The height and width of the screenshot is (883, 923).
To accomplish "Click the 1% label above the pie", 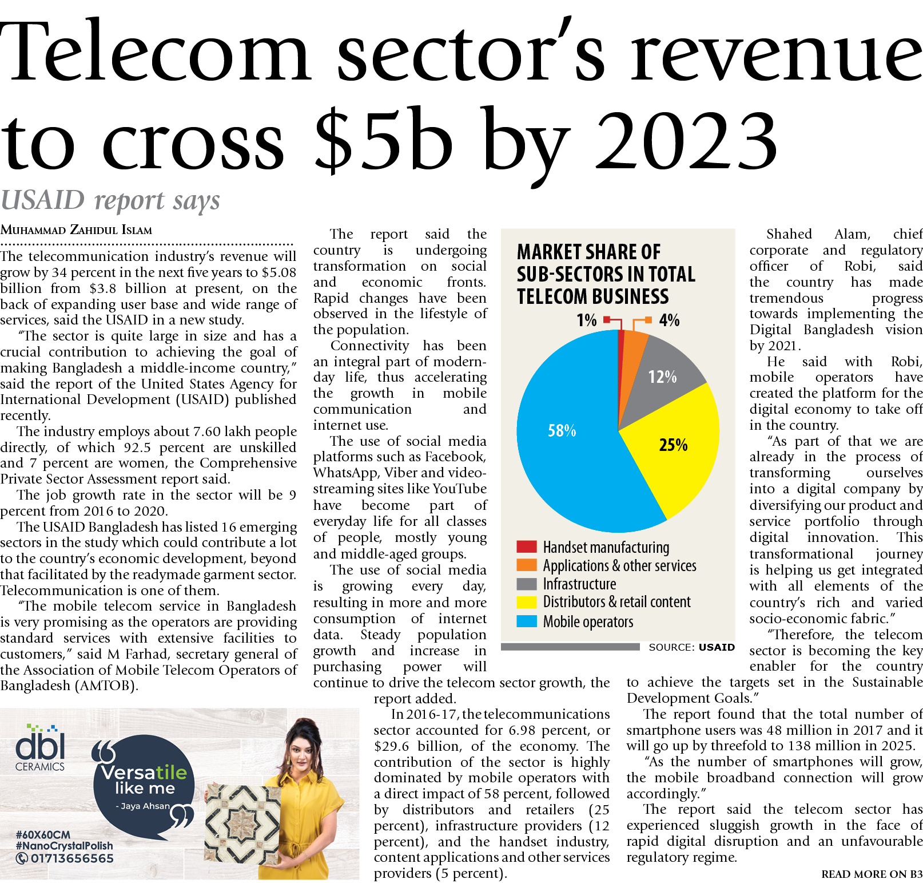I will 587,320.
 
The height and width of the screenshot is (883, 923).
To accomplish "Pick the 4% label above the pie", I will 669,320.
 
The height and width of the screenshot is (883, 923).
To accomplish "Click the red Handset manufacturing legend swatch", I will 526,547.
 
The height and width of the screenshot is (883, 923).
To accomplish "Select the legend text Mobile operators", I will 588,621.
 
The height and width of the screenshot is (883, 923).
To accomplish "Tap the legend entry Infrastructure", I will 579,584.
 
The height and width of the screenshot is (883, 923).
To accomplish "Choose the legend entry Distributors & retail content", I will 616,602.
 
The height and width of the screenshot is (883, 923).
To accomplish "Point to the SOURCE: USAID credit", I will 691,647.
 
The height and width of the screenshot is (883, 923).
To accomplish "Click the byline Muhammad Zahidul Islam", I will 76,230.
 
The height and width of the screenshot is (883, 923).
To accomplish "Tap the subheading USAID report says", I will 110,200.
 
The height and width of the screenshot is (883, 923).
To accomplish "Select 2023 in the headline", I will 686,140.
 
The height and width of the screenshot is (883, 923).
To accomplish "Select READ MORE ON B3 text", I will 872,874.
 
